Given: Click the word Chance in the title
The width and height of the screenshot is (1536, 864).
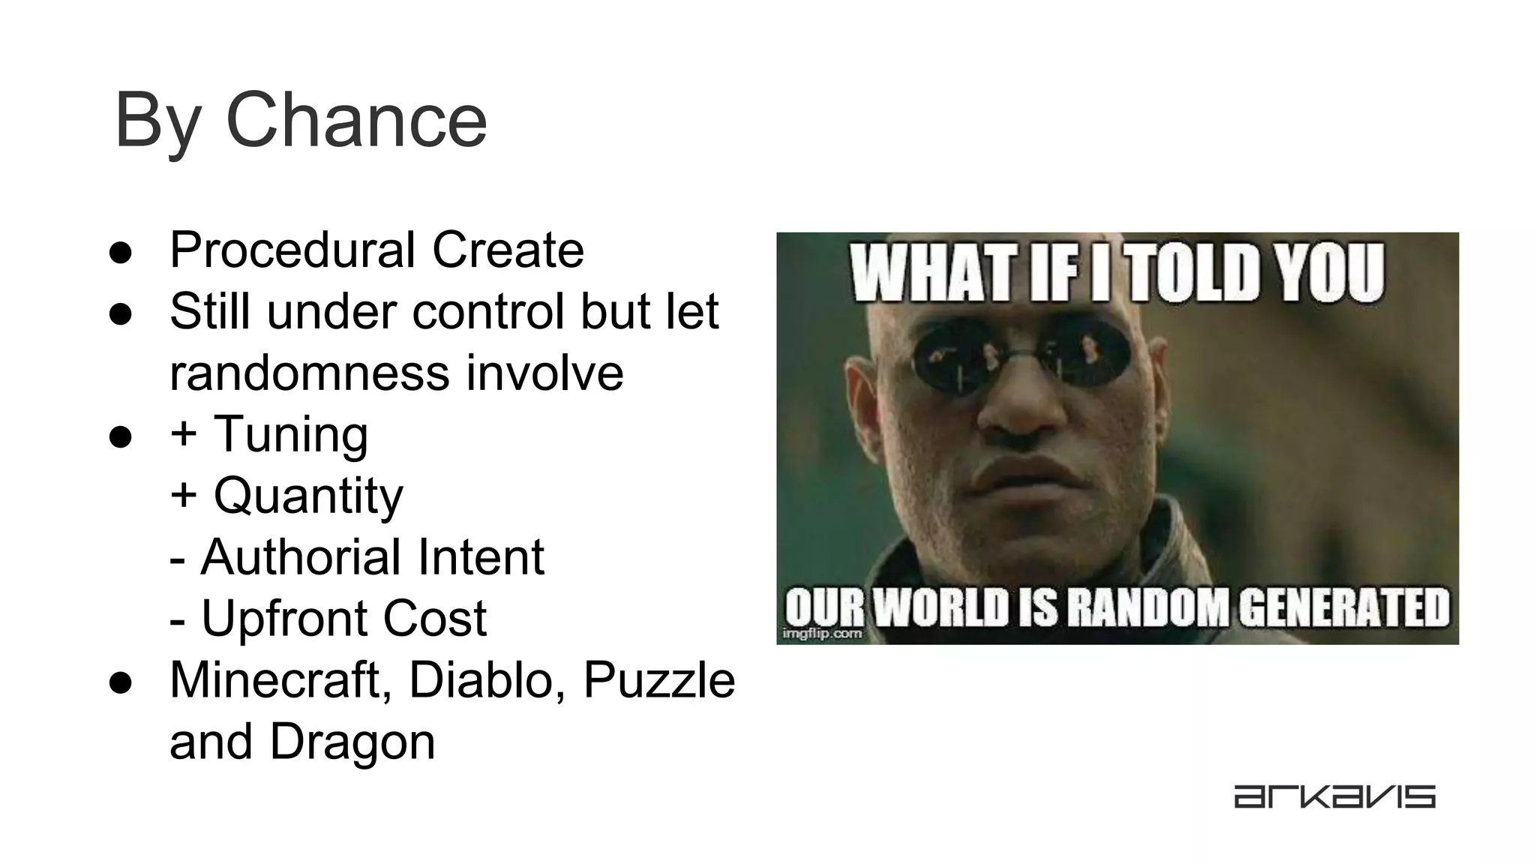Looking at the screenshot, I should pyautogui.click(x=355, y=121).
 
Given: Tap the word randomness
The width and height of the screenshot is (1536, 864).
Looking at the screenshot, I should pyautogui.click(x=308, y=373).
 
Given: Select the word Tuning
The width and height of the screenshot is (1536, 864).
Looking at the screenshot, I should pyautogui.click(x=291, y=435).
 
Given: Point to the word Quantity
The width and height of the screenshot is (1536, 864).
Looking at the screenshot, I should pyautogui.click(x=308, y=496).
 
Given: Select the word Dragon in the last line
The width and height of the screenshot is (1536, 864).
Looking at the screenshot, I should pyautogui.click(x=352, y=742).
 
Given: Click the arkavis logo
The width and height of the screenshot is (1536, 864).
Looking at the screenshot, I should pyautogui.click(x=1334, y=796).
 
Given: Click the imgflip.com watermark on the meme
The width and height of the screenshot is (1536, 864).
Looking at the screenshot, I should pyautogui.click(x=822, y=634).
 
